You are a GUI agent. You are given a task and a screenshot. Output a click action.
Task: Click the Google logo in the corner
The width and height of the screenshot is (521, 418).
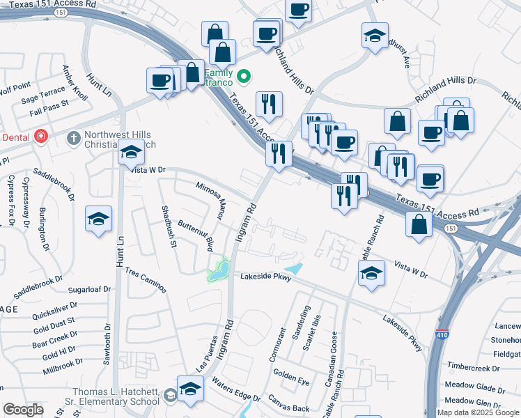click(x=24, y=410)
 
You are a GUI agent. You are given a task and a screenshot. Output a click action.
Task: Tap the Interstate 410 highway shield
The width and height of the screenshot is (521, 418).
click(x=442, y=334)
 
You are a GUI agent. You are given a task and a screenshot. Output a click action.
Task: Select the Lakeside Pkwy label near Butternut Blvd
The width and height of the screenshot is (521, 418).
click(x=265, y=277)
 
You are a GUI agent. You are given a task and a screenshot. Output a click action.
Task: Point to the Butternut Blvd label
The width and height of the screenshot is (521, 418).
click(x=196, y=235)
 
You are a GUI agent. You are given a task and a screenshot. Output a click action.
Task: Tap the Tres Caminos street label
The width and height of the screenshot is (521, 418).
click(x=146, y=279)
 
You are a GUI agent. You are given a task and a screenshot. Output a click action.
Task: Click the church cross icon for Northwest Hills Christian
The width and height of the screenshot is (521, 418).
click(x=73, y=138)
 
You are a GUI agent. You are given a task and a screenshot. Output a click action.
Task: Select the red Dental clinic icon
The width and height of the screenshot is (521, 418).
click(x=41, y=136)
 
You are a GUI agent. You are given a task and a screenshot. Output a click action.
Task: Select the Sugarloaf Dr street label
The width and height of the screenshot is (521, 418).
click(x=89, y=288)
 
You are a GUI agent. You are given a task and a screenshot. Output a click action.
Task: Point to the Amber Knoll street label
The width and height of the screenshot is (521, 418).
click(x=75, y=83)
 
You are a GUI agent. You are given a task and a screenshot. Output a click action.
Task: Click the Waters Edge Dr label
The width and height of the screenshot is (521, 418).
click(x=235, y=391)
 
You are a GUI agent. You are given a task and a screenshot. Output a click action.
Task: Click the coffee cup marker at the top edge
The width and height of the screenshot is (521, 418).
click(x=299, y=11)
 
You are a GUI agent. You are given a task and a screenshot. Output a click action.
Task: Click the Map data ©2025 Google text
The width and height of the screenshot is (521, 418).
click(x=477, y=412)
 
